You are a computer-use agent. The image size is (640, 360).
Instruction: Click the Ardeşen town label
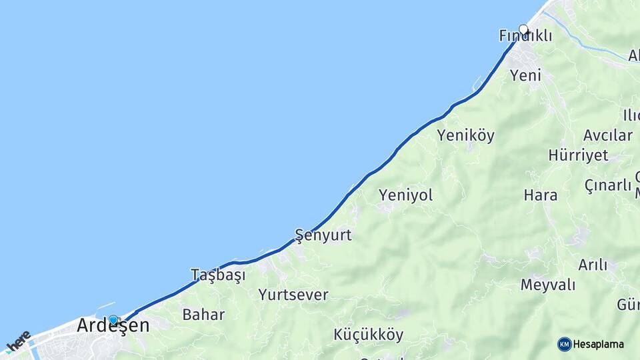pyautogui.click(x=113, y=326)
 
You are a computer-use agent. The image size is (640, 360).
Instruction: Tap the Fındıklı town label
pyautogui.click(x=525, y=37)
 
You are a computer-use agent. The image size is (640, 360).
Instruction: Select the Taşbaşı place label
pyautogui.click(x=218, y=275)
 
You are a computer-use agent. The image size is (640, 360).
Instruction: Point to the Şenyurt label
pyautogui.click(x=323, y=235)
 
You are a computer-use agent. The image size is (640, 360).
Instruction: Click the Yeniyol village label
pyautogui.click(x=405, y=195)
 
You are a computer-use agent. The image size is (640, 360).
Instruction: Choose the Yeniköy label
pyautogui.click(x=465, y=136)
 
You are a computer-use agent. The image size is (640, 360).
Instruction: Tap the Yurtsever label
pyautogui.click(x=293, y=294)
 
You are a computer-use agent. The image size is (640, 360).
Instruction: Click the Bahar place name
pyautogui.click(x=203, y=315)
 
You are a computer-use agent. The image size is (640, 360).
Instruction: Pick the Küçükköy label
pyautogui.click(x=369, y=335)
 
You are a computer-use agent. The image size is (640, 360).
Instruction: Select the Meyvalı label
pyautogui.click(x=547, y=285)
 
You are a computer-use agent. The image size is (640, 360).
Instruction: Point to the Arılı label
pyautogui.click(x=593, y=265)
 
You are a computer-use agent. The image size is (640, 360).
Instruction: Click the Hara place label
pyautogui.click(x=540, y=195)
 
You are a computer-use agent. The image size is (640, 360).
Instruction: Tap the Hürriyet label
pyautogui.click(x=578, y=155)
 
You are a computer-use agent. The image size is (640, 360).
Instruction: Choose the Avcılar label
pyautogui.click(x=607, y=135)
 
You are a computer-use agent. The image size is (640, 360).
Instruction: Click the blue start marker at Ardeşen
pyautogui.click(x=113, y=320)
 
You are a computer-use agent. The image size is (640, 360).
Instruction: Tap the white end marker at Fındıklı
pyautogui.click(x=523, y=29)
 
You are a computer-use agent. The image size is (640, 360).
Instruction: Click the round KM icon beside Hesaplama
pyautogui.click(x=564, y=344)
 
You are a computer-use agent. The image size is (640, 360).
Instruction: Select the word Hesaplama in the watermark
pyautogui.click(x=599, y=345)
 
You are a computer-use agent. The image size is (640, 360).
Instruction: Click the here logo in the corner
pyautogui.click(x=19, y=340)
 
